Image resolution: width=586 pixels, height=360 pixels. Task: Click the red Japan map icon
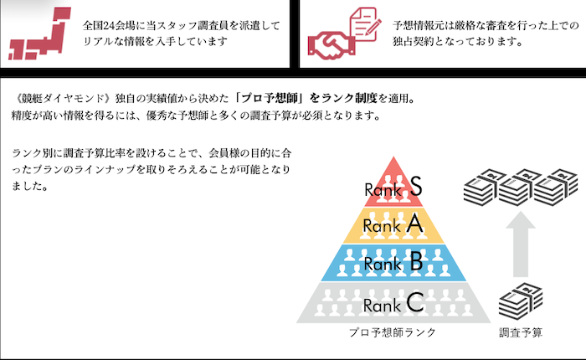tap(39, 33)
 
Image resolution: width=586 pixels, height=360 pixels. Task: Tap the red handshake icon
tap(332, 45)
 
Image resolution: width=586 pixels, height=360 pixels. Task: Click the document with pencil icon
tap(365, 23)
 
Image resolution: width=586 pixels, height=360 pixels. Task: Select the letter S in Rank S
tap(415, 186)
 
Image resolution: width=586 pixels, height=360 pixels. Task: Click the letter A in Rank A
tap(415, 224)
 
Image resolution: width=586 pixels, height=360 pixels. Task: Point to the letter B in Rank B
tap(416, 261)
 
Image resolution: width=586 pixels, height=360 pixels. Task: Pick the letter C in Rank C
tap(415, 302)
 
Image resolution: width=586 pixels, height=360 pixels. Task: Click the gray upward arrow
tap(521, 244)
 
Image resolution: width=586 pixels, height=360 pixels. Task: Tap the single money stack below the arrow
tap(521, 301)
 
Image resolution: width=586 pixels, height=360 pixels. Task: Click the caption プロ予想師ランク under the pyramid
tap(393, 332)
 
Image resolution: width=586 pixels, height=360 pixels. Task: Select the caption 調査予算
tap(521, 332)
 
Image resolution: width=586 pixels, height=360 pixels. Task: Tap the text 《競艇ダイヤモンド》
tap(62, 98)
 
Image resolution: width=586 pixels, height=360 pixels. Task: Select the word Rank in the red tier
tap(383, 190)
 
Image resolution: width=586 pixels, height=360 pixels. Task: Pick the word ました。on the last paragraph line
tap(30, 186)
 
